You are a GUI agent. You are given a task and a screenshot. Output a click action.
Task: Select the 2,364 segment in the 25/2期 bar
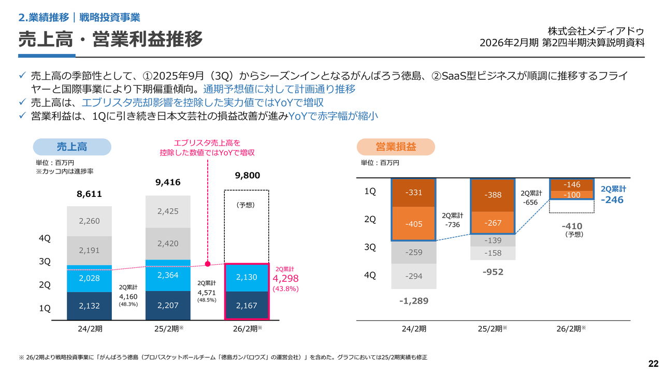(168, 275)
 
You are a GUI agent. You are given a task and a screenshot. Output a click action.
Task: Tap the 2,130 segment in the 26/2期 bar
(247, 278)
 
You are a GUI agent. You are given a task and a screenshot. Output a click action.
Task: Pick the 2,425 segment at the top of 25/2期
(168, 211)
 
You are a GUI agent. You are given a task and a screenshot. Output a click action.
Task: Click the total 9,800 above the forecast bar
(247, 176)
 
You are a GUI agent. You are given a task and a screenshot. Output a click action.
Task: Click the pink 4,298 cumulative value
(285, 279)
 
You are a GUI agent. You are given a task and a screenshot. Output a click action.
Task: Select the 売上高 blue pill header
(72, 147)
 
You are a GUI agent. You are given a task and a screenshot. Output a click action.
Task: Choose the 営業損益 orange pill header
(396, 147)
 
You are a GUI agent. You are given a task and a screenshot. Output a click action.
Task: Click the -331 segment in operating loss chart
(413, 193)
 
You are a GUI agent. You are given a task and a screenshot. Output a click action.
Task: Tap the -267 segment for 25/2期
(492, 222)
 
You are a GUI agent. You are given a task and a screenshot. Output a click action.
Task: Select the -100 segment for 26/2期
(571, 195)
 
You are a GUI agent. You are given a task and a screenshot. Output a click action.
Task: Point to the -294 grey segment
(413, 276)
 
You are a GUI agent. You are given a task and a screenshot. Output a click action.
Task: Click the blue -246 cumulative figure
(612, 200)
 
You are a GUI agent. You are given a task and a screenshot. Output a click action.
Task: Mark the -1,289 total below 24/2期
(413, 300)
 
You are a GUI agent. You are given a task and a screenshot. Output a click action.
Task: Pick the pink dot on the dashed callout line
(208, 264)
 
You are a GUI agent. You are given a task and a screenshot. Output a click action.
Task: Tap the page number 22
(653, 362)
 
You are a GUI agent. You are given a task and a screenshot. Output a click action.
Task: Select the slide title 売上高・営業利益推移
(110, 39)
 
